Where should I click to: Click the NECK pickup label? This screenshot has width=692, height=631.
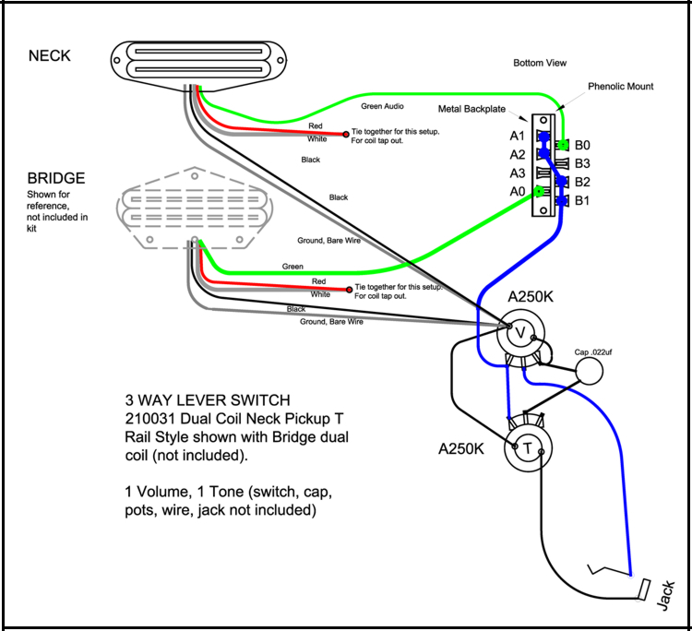coord(50,56)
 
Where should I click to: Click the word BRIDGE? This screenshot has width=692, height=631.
coord(56,177)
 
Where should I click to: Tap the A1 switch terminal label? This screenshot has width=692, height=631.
coord(518,137)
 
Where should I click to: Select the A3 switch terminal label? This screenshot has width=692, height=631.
coord(518,173)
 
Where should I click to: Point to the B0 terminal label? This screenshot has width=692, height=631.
coord(583,146)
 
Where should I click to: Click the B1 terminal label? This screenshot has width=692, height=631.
coord(583,200)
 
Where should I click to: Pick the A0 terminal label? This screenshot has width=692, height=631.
coord(518,191)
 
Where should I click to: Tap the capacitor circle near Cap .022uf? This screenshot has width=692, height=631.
coord(591,371)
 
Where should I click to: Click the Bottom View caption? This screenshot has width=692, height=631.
coord(540,63)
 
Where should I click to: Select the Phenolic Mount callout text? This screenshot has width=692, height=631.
coord(620,87)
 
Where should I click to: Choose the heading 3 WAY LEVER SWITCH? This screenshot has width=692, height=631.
coord(208,400)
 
